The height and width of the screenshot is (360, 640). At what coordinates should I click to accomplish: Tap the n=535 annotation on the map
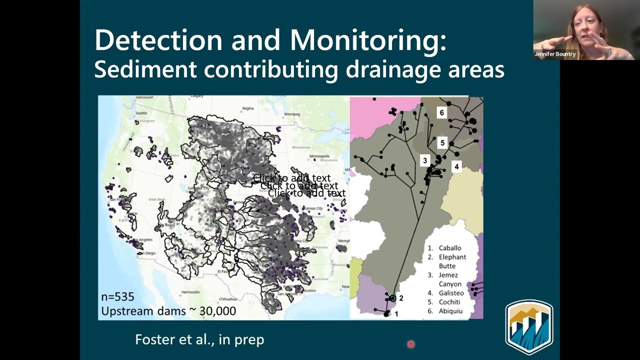[x=117, y=296]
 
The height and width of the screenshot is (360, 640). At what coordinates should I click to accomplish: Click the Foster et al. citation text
[x=199, y=339]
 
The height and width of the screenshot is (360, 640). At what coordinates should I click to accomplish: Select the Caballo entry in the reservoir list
[x=449, y=248]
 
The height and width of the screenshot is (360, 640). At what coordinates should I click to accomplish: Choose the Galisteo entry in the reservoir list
[x=451, y=293]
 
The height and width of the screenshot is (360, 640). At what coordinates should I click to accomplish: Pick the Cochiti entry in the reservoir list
[x=449, y=302]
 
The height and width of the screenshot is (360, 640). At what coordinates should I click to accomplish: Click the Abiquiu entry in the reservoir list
[x=450, y=311]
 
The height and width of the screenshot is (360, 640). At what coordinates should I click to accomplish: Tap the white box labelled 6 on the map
[x=441, y=113]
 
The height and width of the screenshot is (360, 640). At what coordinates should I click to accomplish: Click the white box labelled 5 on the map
[x=442, y=143]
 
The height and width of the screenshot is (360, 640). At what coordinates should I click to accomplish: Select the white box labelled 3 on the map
[x=424, y=160]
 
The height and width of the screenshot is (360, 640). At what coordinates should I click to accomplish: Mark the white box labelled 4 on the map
[x=456, y=166]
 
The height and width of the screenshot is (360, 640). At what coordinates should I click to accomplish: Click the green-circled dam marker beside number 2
[x=393, y=298]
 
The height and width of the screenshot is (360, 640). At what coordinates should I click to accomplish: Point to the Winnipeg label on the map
[x=291, y=114]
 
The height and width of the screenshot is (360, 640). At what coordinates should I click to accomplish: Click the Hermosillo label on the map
[x=190, y=291]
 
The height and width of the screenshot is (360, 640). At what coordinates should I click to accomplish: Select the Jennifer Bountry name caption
[x=555, y=54]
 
